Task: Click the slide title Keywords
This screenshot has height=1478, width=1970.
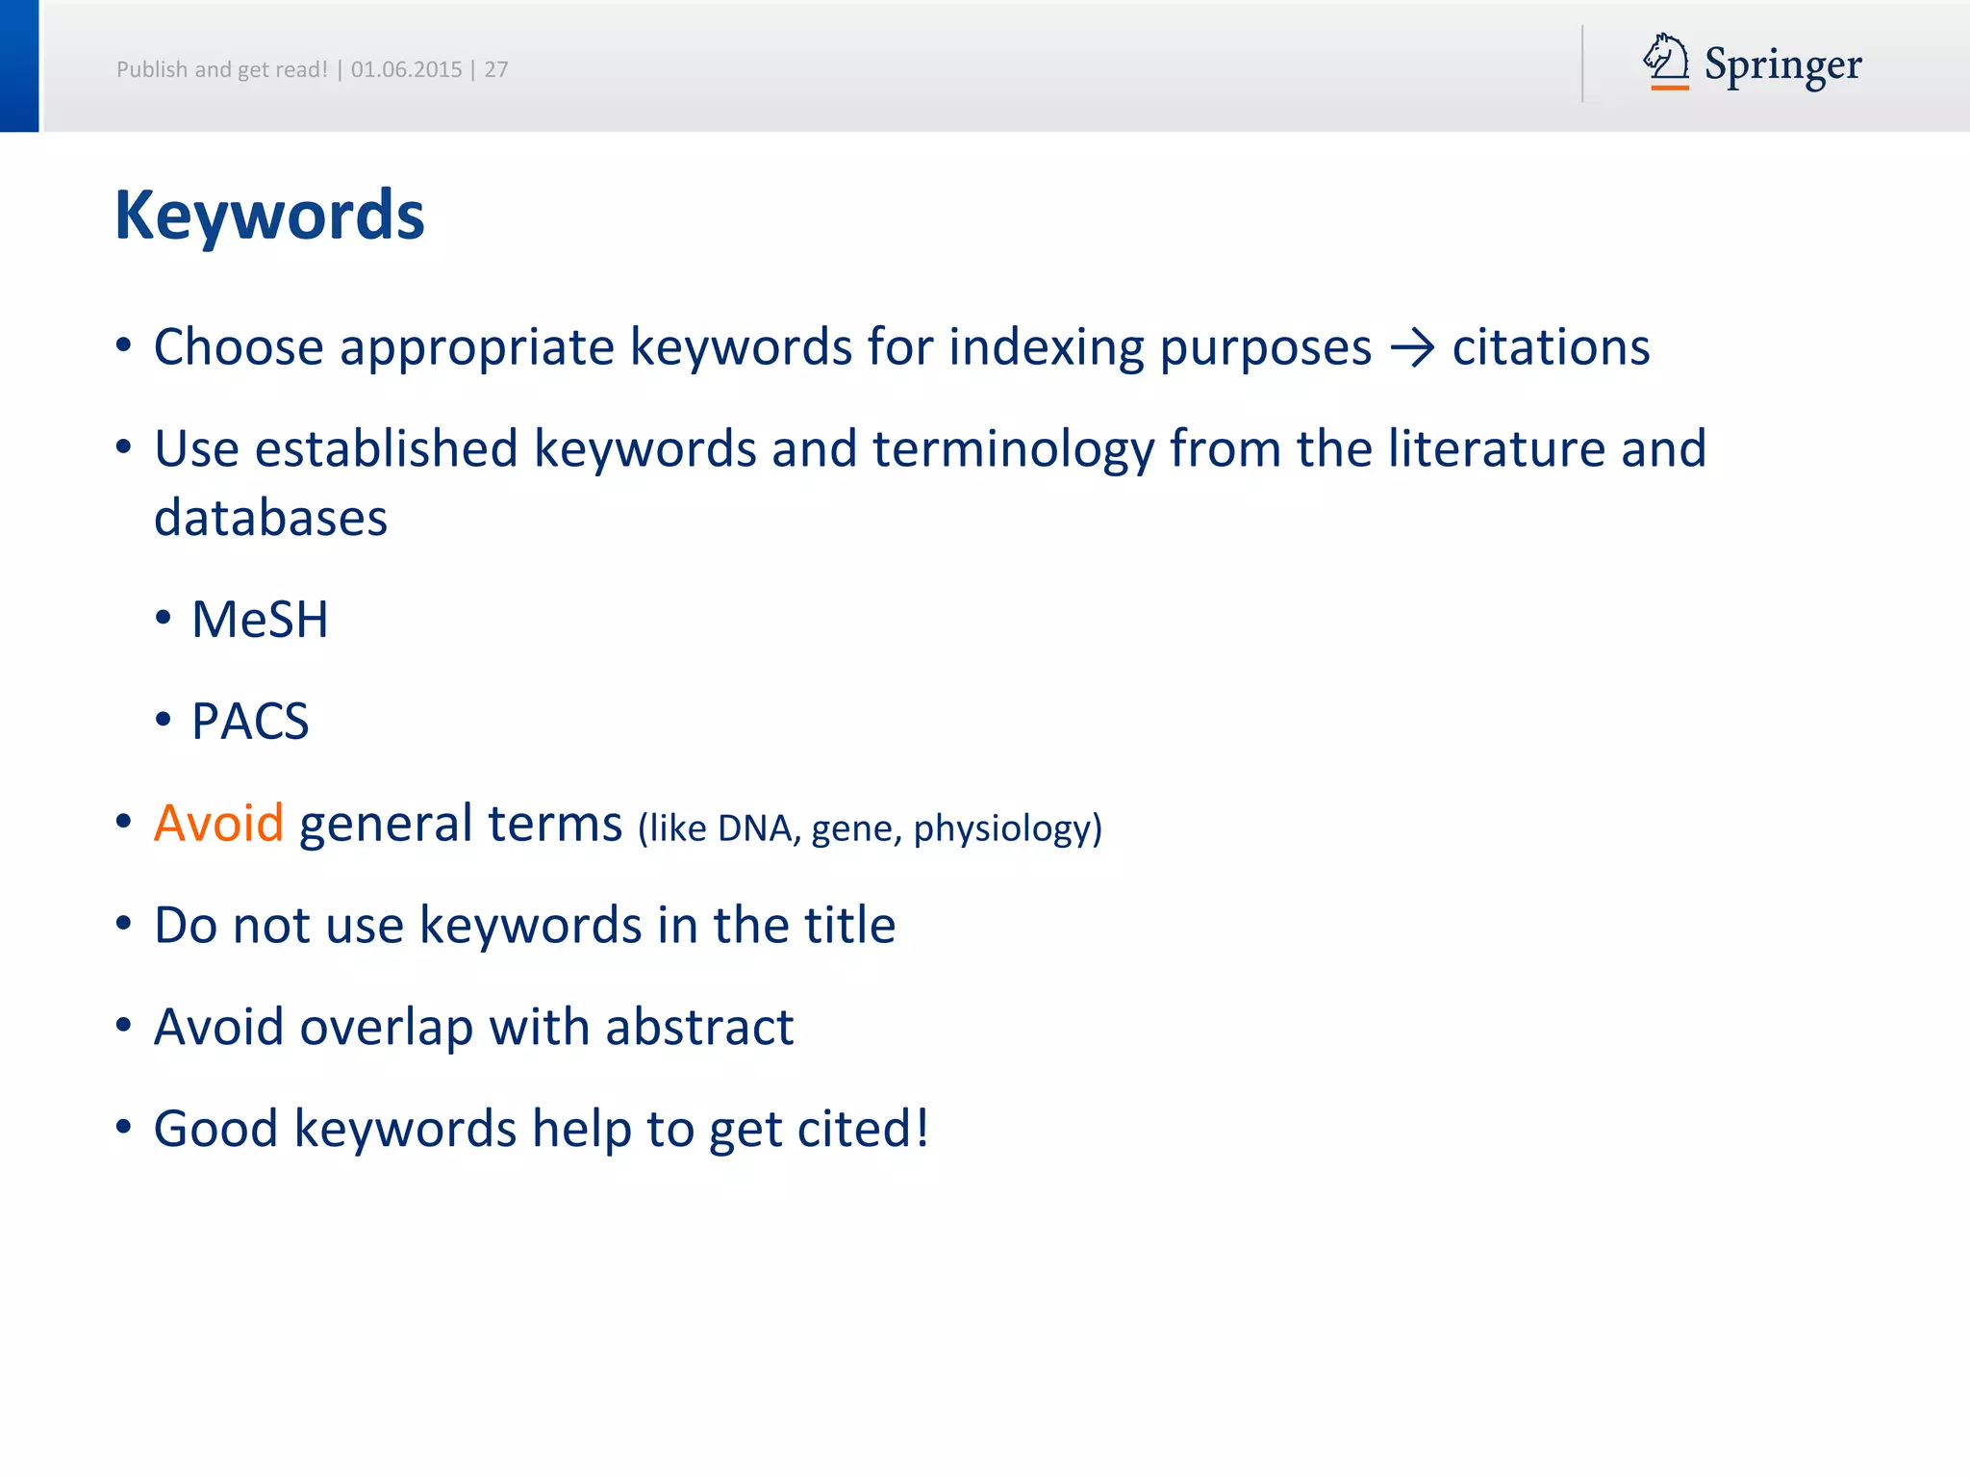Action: pos(269,216)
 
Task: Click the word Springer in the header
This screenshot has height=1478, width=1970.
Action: pos(1782,65)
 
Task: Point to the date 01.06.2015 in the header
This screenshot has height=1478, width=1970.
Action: pos(406,69)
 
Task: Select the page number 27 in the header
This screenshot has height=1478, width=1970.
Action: pos(496,69)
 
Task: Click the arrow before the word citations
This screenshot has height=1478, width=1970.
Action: pos(1412,348)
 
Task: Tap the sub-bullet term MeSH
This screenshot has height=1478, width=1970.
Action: pos(260,619)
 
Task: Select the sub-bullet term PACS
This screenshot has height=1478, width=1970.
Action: pos(250,721)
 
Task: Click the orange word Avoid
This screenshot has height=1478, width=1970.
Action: pos(218,823)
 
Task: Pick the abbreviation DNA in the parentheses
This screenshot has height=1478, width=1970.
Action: pos(756,828)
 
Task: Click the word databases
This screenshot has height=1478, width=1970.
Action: pos(270,518)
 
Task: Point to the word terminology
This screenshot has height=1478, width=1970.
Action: pos(1013,450)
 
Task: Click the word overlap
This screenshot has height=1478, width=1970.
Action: pos(387,1028)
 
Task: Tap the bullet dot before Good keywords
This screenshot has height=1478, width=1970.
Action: pos(123,1127)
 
